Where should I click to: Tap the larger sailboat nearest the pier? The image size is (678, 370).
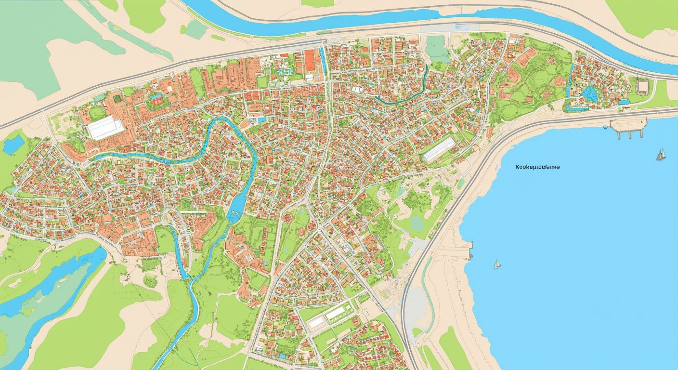point(661,154)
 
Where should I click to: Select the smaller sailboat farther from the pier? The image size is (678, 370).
point(496,264)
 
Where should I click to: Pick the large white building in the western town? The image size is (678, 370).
point(105,128)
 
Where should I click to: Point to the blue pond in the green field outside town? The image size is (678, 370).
point(13,144)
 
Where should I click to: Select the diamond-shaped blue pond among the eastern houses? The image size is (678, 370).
point(589,93)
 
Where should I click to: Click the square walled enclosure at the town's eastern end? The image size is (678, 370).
point(642,86)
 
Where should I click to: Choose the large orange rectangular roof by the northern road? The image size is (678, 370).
point(310,60)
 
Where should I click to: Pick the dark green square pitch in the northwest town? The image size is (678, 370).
point(97,114)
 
